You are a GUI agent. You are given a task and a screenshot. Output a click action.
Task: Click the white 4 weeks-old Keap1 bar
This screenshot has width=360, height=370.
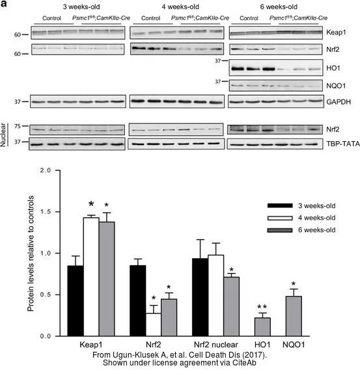(x=91, y=277)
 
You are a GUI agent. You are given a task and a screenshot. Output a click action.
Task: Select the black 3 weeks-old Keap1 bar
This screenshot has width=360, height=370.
(x=76, y=301)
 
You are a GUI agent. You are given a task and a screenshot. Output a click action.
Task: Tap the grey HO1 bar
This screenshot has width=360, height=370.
(x=262, y=327)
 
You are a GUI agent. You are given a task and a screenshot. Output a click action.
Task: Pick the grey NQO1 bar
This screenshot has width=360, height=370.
(x=294, y=316)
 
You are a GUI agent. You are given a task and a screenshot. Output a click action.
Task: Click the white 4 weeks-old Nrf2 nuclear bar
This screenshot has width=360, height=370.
(x=216, y=295)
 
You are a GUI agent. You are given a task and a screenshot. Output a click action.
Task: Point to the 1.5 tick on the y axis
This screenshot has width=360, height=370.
(x=57, y=212)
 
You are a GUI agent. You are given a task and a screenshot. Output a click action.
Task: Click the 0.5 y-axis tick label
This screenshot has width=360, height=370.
(x=46, y=295)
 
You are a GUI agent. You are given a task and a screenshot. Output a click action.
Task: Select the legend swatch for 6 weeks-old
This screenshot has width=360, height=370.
(x=280, y=230)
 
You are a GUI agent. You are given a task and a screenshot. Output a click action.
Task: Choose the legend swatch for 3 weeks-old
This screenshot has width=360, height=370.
(x=280, y=205)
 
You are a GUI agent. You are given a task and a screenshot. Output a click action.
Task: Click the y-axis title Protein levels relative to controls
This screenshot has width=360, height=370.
(x=31, y=253)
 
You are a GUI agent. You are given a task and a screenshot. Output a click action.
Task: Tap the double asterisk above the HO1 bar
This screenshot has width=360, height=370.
(x=262, y=307)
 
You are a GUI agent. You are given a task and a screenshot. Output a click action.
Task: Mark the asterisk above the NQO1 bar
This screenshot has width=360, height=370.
(x=294, y=284)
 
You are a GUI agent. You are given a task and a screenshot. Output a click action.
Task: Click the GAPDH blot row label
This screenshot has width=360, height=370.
(x=339, y=102)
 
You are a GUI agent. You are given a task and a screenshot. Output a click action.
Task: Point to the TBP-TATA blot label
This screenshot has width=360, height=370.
(x=343, y=144)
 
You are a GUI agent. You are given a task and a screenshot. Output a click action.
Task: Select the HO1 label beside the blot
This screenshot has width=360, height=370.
(x=333, y=68)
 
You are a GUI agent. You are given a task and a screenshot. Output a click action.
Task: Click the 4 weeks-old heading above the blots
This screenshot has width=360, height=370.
(x=180, y=7)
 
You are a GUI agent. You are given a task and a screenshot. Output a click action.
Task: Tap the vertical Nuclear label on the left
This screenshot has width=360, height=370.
(x=3, y=135)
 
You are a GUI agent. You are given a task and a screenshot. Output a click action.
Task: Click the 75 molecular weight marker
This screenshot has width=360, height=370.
(x=17, y=126)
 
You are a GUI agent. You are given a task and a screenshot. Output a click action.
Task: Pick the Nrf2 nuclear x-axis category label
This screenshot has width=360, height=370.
(x=216, y=345)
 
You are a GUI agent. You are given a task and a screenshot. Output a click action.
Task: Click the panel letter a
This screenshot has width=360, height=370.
(x=3, y=4)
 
